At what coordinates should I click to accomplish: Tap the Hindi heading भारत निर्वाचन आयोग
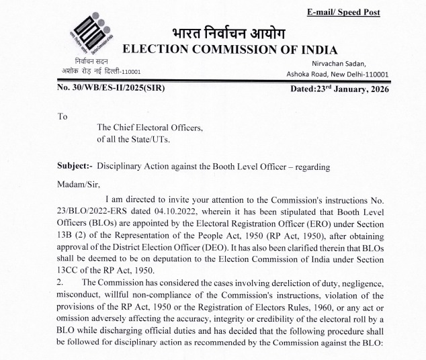point(228,34)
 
